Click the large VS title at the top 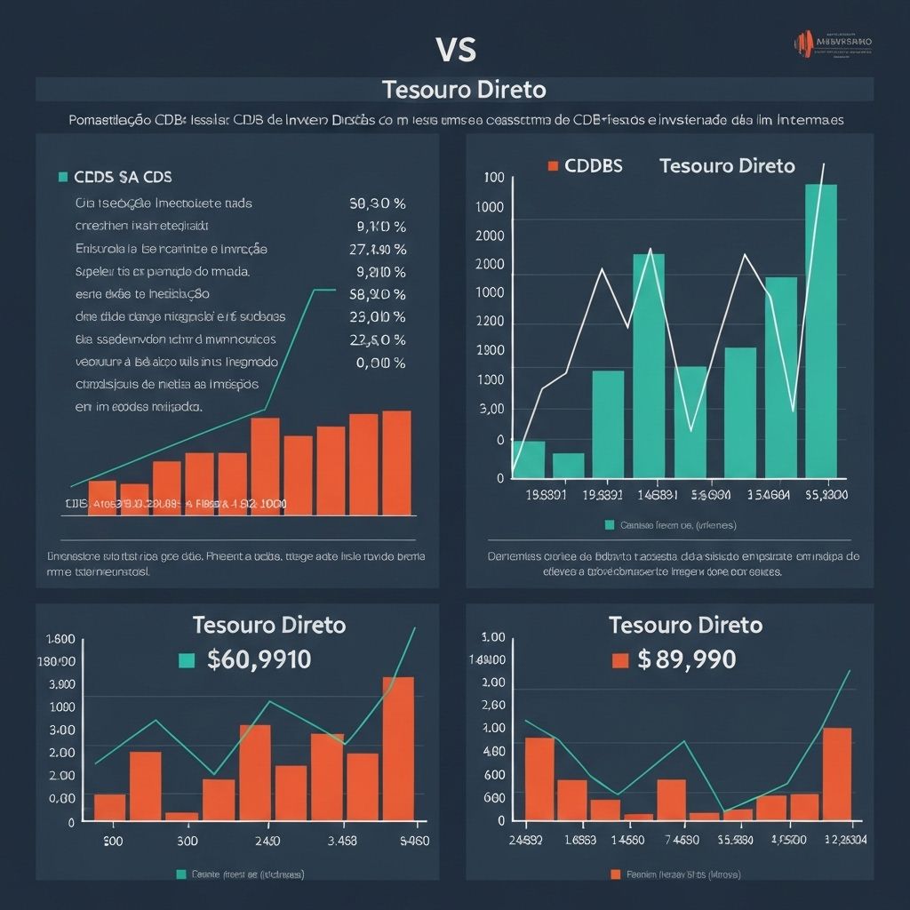tap(456, 50)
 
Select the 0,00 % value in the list tap(380, 363)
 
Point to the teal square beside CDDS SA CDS tap(62, 177)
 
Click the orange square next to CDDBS tap(552, 166)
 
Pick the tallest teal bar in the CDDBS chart tap(820, 331)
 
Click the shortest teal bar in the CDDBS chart tap(568, 466)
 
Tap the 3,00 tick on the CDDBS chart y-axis tap(491, 410)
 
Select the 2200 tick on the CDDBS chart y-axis tap(491, 322)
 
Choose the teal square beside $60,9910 tap(186, 659)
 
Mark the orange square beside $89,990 tap(620, 660)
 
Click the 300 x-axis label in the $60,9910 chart tap(187, 842)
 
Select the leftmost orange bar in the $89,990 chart tap(539, 778)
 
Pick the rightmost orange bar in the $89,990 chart tap(836, 773)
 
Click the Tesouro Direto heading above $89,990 tap(685, 625)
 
